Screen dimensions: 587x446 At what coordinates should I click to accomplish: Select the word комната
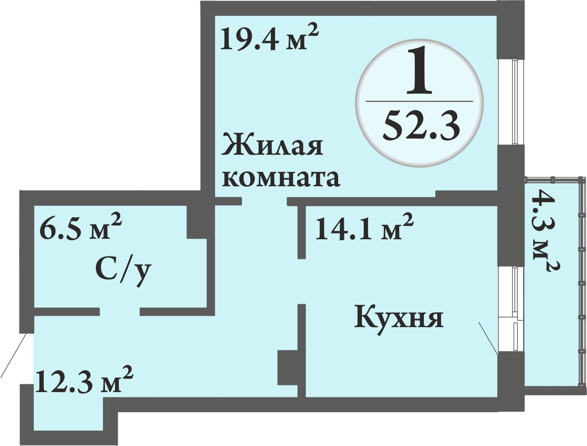(281, 178)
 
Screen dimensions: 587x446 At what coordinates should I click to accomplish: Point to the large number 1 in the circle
(419, 74)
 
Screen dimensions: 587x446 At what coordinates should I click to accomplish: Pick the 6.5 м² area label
(81, 226)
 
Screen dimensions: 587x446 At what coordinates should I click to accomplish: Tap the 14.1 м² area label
(364, 227)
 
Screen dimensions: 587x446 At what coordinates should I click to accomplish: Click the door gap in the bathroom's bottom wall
(120, 312)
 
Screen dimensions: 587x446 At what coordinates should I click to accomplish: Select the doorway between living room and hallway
(264, 201)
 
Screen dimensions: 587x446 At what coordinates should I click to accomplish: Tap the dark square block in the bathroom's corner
(197, 222)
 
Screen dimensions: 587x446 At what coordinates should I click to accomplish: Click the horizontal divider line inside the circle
(419, 101)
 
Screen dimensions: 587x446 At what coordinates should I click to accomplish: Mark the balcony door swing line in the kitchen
(488, 338)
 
